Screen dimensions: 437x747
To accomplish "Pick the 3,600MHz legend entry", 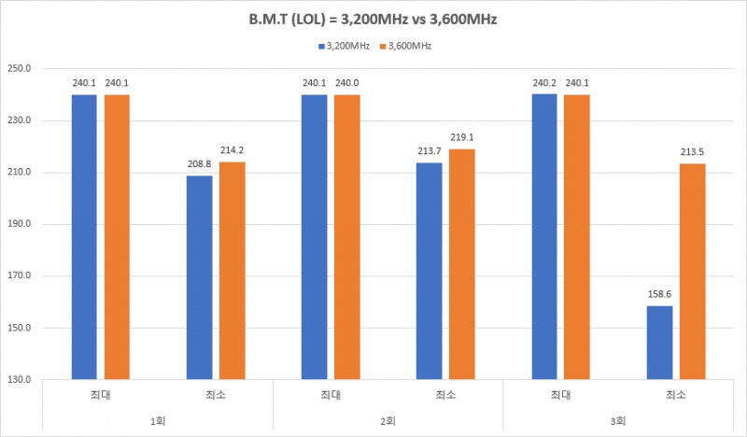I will (x=407, y=45).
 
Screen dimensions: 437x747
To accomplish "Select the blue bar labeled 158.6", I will (x=659, y=343).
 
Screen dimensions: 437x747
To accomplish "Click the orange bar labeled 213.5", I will (x=693, y=272).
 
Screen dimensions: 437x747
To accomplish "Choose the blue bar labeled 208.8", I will (x=200, y=277).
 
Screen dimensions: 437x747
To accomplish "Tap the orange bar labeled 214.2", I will (x=233, y=271).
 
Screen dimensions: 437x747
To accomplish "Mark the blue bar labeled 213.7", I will (x=430, y=271).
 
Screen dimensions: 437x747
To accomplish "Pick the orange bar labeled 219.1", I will (x=462, y=264).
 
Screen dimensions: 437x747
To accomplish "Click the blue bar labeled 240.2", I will (x=544, y=237).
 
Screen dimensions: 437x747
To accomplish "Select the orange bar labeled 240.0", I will (x=347, y=237).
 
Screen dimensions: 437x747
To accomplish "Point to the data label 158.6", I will (x=659, y=293).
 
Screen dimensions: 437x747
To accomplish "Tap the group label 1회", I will (x=158, y=420).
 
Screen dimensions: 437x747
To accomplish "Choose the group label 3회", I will (x=618, y=420).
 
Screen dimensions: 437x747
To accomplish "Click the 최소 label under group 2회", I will (x=446, y=395).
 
